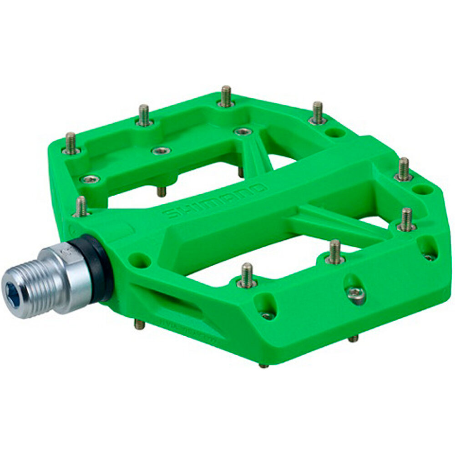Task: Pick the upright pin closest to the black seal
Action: pyautogui.click(x=81, y=207)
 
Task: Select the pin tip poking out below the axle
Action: pyautogui.click(x=139, y=324)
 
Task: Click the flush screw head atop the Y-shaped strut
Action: pyautogui.click(x=243, y=131)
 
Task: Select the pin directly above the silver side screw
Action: pyautogui.click(x=335, y=252)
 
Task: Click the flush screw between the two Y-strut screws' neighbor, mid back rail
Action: pyautogui.click(x=161, y=151)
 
